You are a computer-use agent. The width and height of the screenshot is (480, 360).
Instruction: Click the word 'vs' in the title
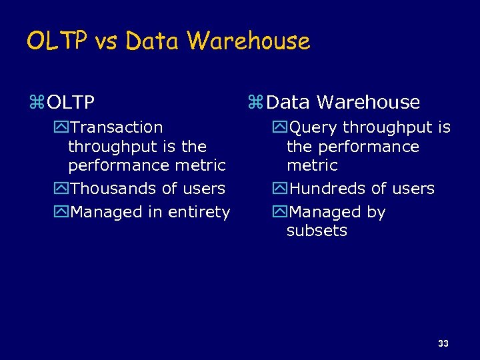106,41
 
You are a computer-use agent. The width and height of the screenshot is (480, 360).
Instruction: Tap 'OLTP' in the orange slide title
57,41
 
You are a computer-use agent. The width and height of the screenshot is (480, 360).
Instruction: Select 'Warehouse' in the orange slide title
248,41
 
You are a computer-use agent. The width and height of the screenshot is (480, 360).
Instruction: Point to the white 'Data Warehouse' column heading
343,103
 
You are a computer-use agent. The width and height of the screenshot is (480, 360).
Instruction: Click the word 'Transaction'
116,127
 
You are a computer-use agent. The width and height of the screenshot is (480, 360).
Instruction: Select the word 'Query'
314,127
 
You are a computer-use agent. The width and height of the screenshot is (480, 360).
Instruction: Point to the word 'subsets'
317,231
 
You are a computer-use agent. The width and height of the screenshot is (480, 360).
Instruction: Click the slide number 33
443,343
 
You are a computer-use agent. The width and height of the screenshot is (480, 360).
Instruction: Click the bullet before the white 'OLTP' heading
37,103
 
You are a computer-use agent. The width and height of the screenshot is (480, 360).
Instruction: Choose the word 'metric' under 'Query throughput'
312,165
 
